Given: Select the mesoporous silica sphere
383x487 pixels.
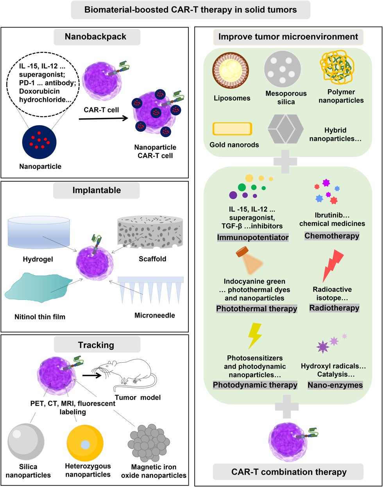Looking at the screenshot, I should tap(283, 70).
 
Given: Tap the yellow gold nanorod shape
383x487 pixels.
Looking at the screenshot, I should tap(232, 129).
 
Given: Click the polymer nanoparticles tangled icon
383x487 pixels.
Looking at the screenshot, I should tap(340, 69).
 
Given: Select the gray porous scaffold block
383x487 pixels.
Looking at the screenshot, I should tap(150, 234).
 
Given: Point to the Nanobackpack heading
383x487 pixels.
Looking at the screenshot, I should tap(96, 37).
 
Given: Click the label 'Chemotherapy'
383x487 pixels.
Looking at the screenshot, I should tap(332, 236).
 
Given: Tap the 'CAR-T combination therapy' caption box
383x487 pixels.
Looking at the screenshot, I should tap(288, 472).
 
